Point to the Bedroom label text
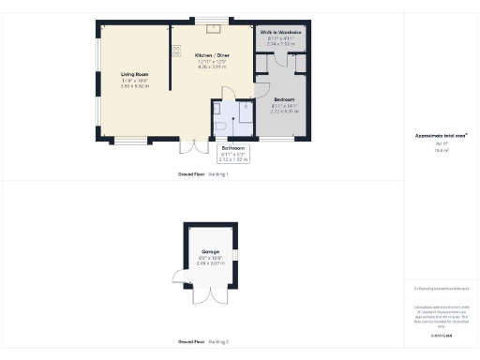click(284, 98)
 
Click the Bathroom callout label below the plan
click(232, 147)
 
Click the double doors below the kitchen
click(193, 146)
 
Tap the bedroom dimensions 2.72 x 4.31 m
click(284, 110)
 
